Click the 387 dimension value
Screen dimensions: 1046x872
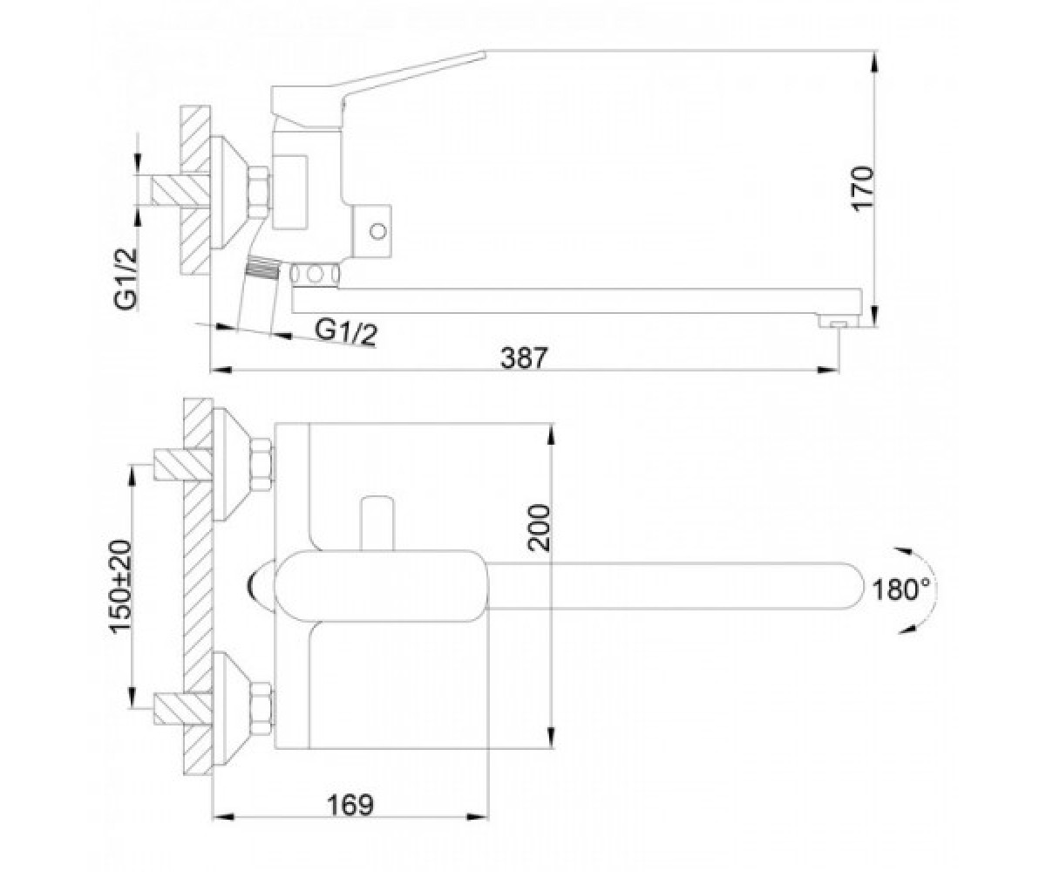click(523, 358)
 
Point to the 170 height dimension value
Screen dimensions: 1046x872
click(864, 189)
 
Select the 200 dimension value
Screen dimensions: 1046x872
click(540, 528)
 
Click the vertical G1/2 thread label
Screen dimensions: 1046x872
click(125, 279)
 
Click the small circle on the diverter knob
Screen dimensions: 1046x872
click(377, 232)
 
